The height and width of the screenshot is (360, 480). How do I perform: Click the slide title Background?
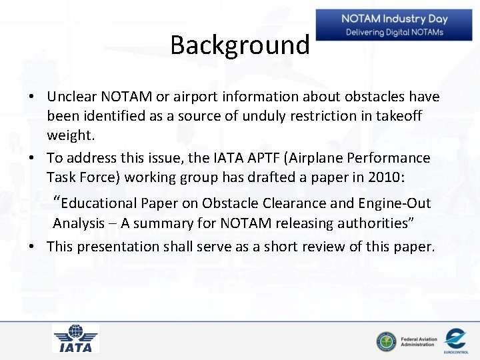pyautogui.click(x=240, y=45)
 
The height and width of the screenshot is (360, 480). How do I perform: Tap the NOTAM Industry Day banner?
pyautogui.click(x=395, y=25)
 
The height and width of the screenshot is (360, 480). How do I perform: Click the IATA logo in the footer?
pyautogui.click(x=75, y=339)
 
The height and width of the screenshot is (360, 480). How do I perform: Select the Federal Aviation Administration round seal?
pyautogui.click(x=385, y=341)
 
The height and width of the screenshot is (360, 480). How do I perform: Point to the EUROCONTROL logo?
pyautogui.click(x=455, y=339)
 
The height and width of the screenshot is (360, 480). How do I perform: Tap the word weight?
pyautogui.click(x=70, y=135)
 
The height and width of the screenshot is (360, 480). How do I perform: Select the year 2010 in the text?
pyautogui.click(x=406, y=177)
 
